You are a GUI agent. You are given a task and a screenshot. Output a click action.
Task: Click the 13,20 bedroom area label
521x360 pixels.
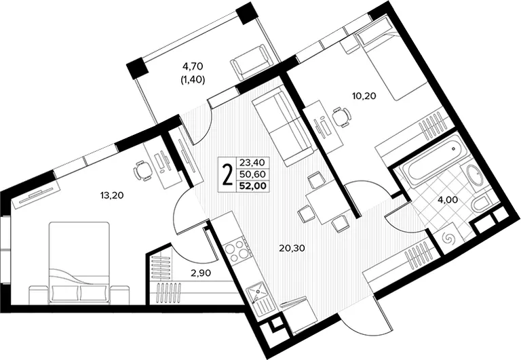tap(112, 195)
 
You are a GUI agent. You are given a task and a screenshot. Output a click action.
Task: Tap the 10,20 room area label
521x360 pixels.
tap(364, 96)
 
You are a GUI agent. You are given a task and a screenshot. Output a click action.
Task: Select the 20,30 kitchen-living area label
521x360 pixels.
tap(292, 247)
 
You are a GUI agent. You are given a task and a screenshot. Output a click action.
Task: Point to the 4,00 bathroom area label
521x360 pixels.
tap(448, 199)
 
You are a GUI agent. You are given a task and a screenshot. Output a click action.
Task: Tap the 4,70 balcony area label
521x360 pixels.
tap(193, 66)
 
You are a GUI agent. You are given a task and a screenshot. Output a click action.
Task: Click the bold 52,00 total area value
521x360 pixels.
tap(253, 186)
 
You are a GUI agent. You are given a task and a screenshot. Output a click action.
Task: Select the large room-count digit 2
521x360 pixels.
tap(227, 175)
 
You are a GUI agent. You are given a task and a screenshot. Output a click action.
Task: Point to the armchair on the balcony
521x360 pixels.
tap(252, 63)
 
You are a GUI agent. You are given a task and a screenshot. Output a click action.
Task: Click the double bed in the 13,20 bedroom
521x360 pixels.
tap(79, 262)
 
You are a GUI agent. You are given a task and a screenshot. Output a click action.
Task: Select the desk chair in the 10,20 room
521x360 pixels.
tap(342, 116)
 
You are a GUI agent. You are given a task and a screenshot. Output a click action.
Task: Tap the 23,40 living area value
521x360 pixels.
tap(252, 163)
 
